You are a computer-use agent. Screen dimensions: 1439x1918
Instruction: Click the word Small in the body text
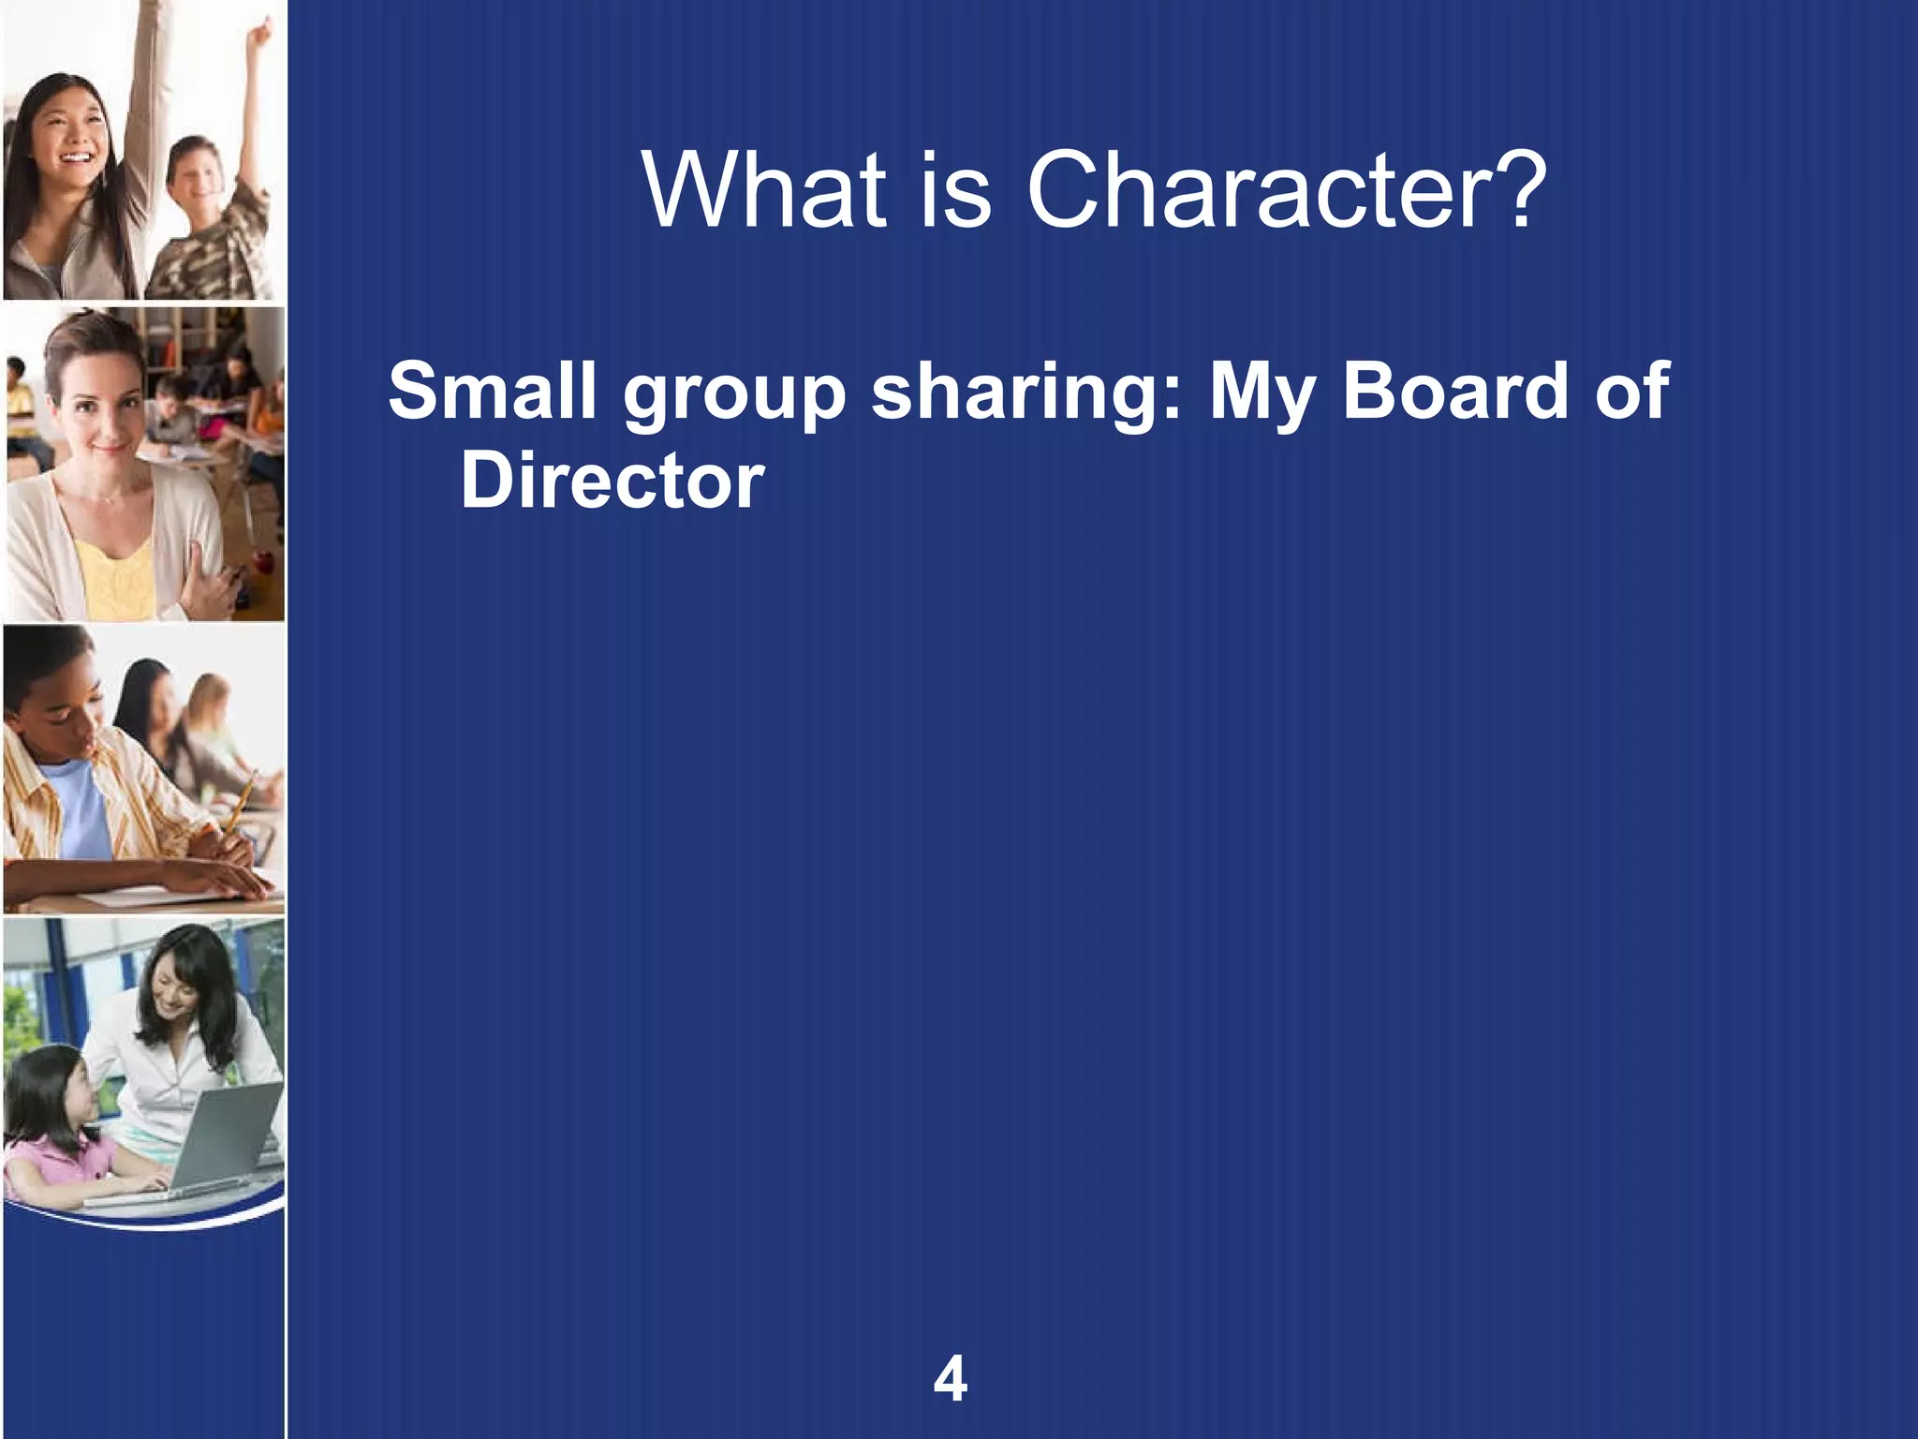pos(492,391)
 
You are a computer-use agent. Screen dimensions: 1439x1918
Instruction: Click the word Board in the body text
pos(1454,391)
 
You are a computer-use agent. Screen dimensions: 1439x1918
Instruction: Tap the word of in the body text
pos(1632,391)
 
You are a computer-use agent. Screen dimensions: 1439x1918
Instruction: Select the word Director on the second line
pos(612,481)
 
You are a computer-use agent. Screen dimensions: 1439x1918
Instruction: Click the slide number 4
pos(950,1379)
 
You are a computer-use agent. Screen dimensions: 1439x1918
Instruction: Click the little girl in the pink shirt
pos(56,1124)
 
